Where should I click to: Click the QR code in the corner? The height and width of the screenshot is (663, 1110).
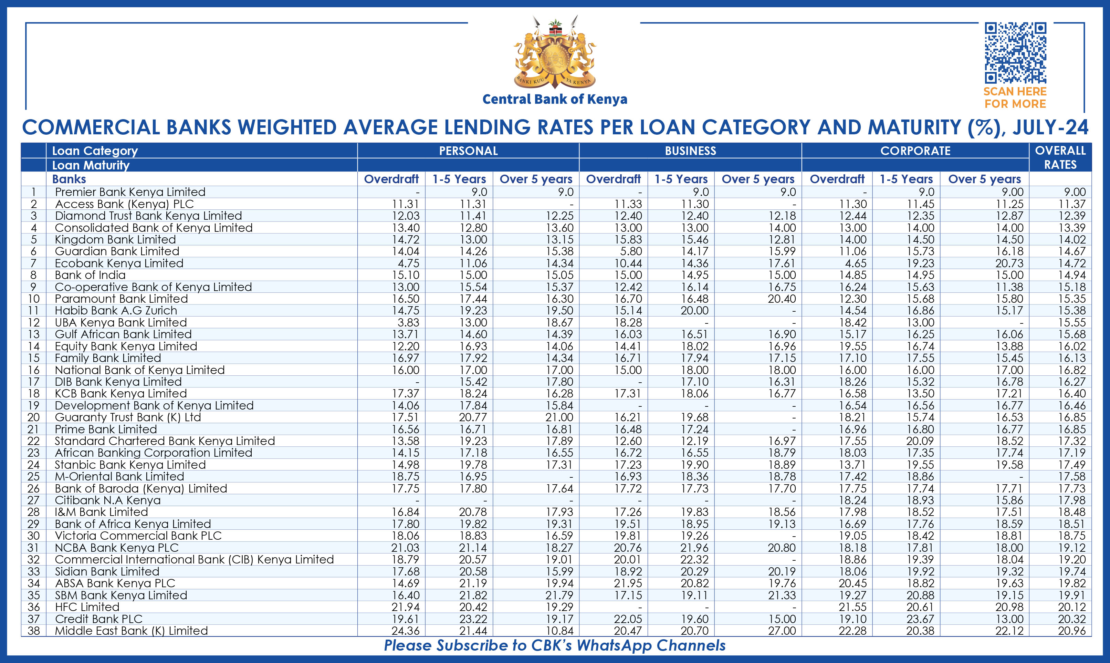coord(1015,53)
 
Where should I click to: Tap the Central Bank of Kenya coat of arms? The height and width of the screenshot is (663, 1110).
coord(555,53)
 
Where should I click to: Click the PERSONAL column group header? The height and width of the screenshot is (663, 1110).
coord(468,151)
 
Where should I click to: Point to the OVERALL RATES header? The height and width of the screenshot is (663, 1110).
coord(1060,157)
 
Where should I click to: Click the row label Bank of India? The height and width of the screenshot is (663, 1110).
coord(90,275)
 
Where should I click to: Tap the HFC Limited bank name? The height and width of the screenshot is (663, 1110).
coord(87,607)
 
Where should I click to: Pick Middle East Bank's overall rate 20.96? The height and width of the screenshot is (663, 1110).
coord(1071,631)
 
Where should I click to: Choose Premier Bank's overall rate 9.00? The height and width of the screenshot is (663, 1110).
coord(1074,192)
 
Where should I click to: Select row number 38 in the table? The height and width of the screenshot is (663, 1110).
coord(33,631)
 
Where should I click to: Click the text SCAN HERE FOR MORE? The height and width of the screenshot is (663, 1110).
coord(1015,98)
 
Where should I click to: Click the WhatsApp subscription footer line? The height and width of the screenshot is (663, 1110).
coord(555,645)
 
